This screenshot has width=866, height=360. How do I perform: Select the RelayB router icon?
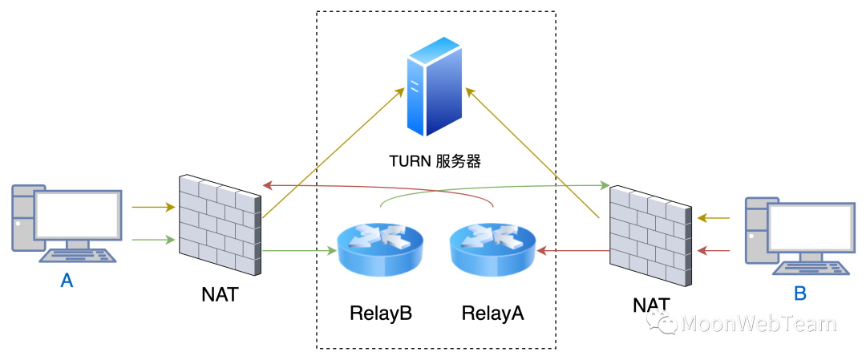(x=379, y=249)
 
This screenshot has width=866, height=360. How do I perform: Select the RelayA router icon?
(x=492, y=249)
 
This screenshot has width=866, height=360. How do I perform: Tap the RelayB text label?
(x=380, y=313)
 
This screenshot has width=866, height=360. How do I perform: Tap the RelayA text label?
(x=492, y=313)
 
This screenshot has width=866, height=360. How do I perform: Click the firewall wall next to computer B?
(x=650, y=236)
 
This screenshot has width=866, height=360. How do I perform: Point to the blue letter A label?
(x=67, y=281)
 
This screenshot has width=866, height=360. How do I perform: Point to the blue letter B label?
(x=799, y=293)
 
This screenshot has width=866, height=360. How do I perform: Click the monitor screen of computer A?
(x=77, y=214)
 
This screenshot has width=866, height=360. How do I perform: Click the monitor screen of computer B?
(x=811, y=233)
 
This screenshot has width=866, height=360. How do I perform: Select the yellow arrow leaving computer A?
(x=153, y=208)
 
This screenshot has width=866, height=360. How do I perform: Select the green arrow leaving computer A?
(x=153, y=239)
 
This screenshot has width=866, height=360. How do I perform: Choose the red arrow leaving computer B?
(x=713, y=250)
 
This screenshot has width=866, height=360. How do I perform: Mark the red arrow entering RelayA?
(x=574, y=250)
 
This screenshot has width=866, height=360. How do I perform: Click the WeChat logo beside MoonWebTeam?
(x=662, y=322)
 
